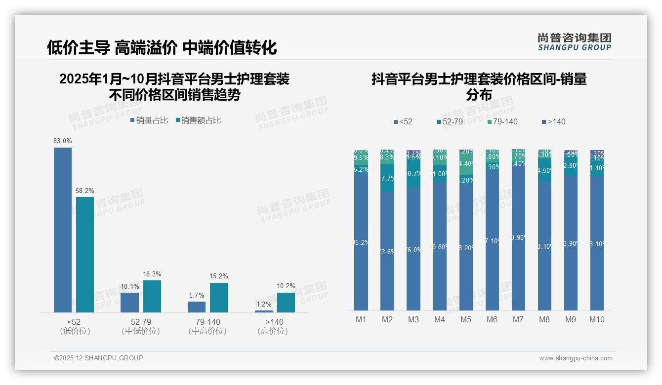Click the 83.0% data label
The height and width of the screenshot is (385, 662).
click(63, 141)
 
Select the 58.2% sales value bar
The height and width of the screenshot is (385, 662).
click(85, 254)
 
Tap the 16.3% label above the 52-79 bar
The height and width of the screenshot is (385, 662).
click(152, 274)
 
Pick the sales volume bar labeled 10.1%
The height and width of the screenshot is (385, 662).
click(130, 302)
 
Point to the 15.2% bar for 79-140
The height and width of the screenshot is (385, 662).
click(219, 297)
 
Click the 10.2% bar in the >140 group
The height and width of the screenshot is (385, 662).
click(286, 302)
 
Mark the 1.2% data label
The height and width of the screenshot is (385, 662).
click(264, 305)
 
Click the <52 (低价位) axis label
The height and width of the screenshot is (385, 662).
click(75, 326)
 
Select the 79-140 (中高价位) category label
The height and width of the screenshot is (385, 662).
click(207, 326)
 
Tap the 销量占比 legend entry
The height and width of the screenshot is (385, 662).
click(149, 120)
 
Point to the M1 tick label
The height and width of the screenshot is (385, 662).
click(361, 320)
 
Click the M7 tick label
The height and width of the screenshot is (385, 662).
click(518, 320)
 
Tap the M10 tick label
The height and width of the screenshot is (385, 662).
click(597, 320)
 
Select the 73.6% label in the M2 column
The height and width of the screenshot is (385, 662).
click(387, 252)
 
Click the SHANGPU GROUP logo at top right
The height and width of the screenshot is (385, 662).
click(575, 42)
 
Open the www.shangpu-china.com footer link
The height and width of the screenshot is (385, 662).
click(576, 358)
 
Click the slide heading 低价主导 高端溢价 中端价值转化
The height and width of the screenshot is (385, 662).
click(162, 47)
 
